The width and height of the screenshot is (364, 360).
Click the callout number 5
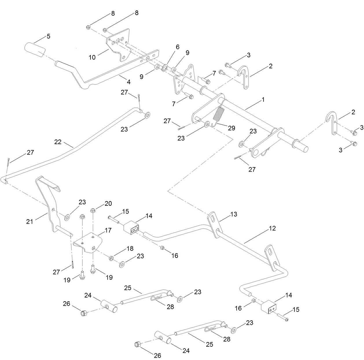pos(48,36)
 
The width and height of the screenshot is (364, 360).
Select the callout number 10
pos(92,57)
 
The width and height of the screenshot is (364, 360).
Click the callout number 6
pos(177,47)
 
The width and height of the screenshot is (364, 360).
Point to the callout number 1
pos(263,99)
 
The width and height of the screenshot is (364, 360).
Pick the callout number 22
pos(58,142)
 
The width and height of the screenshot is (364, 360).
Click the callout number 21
pos(30,221)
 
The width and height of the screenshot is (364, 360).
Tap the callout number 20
pos(108,204)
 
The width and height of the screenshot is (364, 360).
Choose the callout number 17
pos(108,230)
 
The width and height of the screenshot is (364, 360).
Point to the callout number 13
pos(234,214)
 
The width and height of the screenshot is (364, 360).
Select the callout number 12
pos(272,228)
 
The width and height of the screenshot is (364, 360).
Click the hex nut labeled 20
pos(93,210)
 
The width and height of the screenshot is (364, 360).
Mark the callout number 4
pos(128,82)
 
